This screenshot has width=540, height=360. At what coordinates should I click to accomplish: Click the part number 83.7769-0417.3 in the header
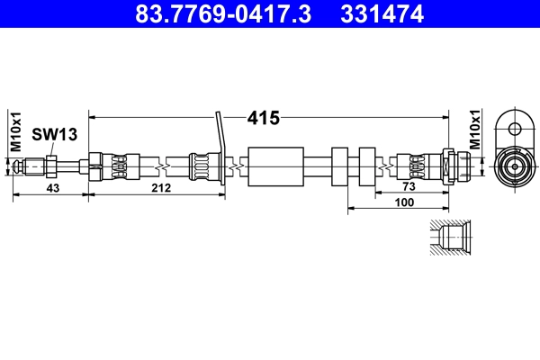(x=223, y=13)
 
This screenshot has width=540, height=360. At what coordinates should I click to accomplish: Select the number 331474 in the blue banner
(x=382, y=13)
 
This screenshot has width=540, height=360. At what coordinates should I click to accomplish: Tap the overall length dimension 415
(x=264, y=118)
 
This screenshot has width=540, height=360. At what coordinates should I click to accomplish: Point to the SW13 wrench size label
(x=54, y=134)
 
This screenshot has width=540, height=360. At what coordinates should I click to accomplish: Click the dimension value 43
(x=53, y=188)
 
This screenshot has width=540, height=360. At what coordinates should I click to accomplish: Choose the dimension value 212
(x=161, y=188)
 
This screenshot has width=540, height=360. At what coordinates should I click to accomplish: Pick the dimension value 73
(x=409, y=186)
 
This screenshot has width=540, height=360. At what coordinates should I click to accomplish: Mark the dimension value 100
(x=404, y=202)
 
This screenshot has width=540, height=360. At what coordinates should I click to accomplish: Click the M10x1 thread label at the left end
(x=16, y=131)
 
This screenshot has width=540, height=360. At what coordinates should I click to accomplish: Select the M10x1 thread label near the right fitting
(x=475, y=130)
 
